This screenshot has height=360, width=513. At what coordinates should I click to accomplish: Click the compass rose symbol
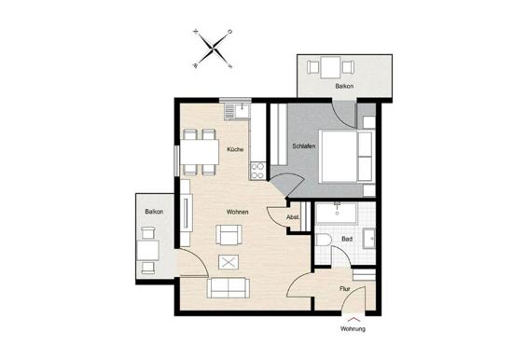(213, 48)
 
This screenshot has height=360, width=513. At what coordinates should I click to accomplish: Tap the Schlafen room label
(304, 146)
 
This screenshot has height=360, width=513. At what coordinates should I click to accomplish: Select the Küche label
(235, 149)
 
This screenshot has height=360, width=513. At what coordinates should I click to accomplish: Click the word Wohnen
(237, 212)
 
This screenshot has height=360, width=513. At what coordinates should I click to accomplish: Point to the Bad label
(347, 240)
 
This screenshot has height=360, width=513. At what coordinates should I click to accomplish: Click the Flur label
(345, 289)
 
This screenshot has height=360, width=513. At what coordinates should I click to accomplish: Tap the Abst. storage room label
(293, 217)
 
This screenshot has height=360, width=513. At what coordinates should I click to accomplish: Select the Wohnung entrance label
(353, 328)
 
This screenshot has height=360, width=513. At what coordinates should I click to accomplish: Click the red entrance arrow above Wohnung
(354, 319)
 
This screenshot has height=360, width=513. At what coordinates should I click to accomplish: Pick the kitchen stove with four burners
(257, 171)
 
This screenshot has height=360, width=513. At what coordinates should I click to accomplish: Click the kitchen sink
(237, 111)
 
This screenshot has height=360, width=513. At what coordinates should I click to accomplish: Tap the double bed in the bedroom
(346, 157)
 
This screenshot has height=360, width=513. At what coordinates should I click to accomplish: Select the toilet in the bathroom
(324, 240)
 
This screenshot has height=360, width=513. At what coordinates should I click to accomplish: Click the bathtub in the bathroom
(337, 213)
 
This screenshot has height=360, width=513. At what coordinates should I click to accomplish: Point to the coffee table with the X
(229, 262)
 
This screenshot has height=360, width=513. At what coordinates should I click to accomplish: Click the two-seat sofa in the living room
(229, 287)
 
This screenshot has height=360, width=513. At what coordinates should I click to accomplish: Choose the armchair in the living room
(229, 235)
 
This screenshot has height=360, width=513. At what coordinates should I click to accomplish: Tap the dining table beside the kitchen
(200, 152)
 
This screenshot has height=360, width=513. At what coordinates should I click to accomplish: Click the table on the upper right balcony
(330, 68)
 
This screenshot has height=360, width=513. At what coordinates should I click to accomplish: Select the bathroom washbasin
(369, 239)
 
